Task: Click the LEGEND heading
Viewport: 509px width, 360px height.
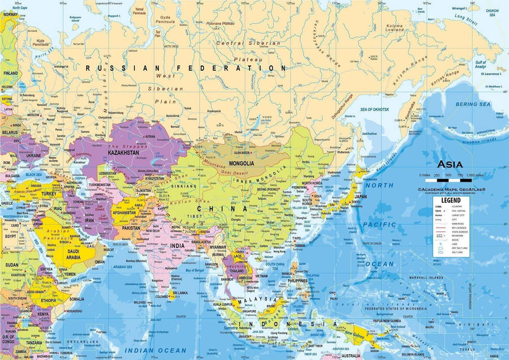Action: click(451, 200)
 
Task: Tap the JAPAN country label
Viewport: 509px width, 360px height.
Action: click(360, 197)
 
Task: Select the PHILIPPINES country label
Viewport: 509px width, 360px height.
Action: click(297, 280)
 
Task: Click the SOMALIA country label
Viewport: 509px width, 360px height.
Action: click(76, 299)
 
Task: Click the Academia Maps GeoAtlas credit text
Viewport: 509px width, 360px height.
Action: click(451, 190)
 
